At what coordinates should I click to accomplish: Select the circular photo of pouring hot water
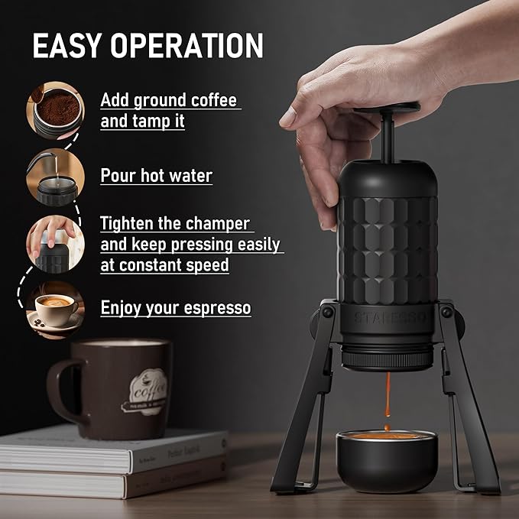click(x=54, y=177)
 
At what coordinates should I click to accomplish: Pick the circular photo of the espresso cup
click(x=56, y=308)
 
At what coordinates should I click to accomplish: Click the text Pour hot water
click(x=156, y=175)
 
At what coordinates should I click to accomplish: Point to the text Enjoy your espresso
click(x=175, y=308)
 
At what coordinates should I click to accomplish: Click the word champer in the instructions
click(x=217, y=224)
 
